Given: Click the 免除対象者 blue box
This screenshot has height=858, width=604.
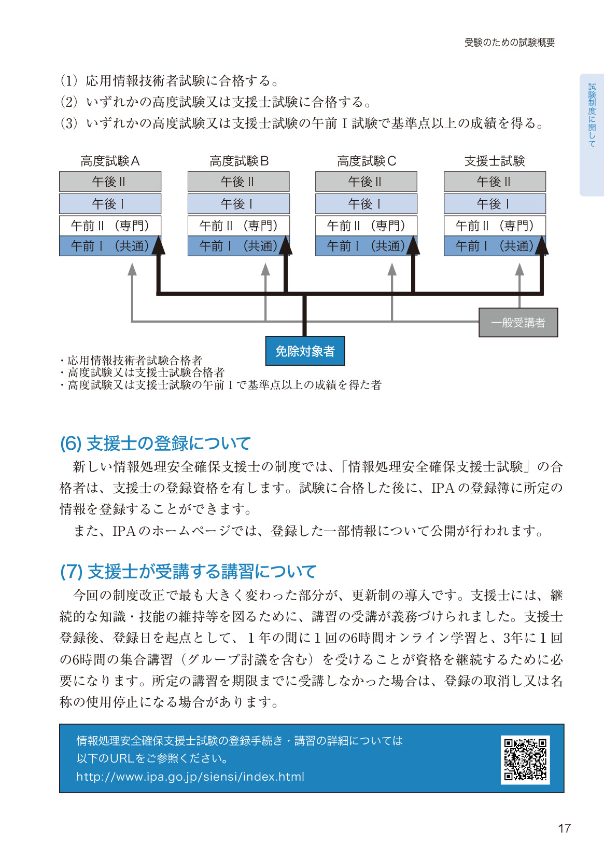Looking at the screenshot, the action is pos(305,351).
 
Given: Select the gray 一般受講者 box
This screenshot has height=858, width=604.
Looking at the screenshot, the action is pos(518,323).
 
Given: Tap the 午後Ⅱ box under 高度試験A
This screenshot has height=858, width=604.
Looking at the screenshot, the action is pos(110,182).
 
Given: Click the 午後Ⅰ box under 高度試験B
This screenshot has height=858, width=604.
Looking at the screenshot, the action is pos(238,204).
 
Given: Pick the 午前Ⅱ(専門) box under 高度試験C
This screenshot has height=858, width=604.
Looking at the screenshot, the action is pos(367,226).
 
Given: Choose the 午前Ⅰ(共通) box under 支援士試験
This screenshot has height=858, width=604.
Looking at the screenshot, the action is pos(495,246).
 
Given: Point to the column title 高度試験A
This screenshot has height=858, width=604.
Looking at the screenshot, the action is pos(110,161).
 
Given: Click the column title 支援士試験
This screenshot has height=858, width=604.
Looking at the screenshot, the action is pos(495,161).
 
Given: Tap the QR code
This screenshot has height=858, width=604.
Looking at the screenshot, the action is pos(525,759).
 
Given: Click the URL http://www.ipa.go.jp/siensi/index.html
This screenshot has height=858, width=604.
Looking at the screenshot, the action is pos(190,777).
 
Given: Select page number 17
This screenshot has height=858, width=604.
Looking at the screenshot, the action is pos(564,828).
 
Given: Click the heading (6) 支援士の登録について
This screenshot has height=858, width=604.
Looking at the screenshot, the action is pos(156,443).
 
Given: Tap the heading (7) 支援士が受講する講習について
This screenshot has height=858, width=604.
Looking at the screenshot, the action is pos(188,571).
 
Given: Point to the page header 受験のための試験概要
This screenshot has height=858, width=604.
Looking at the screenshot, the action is pos(510,43).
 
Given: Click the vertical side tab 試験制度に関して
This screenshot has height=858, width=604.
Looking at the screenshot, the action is pos(592,115).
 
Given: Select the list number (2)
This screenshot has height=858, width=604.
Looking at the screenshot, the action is pos(69,102).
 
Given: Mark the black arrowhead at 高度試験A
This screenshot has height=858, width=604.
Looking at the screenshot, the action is pos(159,245).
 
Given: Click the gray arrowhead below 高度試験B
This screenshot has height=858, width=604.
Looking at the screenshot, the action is pos(265,269).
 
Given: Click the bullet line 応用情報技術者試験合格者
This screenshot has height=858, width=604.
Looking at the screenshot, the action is pos(131,360).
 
